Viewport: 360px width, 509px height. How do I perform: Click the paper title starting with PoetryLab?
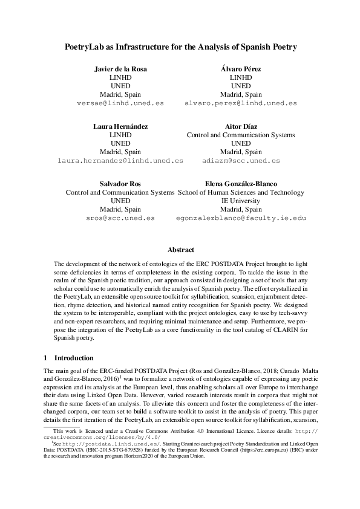pos(180,47)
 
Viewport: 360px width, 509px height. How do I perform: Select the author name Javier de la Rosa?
pos(120,70)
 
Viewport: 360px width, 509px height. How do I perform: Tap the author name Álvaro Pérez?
pos(241,70)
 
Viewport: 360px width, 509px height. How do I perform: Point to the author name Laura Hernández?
pos(120,126)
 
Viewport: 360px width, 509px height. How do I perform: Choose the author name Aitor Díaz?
pos(241,126)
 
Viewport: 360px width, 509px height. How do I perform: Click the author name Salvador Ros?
pos(120,183)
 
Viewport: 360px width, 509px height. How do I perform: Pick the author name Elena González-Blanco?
pos(241,183)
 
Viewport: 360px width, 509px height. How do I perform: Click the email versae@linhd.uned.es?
pos(120,103)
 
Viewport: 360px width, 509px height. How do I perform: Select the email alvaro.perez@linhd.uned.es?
pos(241,103)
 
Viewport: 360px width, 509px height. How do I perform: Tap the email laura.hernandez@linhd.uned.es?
pos(120,161)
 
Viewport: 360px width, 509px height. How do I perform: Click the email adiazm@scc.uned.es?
pos(241,161)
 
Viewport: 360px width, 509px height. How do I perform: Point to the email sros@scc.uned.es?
pos(120,218)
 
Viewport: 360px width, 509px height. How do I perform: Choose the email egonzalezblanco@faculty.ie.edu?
pos(241,218)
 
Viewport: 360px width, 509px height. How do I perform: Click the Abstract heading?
pos(180,250)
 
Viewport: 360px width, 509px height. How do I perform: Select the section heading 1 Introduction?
pos(68,358)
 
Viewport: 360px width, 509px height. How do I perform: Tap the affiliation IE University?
pos(241,201)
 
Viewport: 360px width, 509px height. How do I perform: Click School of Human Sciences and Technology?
pos(241,192)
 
